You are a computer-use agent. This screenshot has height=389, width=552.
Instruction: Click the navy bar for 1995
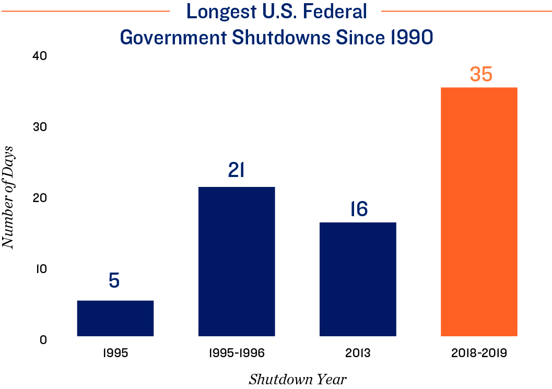click(x=115, y=318)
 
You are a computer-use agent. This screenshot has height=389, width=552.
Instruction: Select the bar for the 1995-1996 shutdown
click(x=237, y=261)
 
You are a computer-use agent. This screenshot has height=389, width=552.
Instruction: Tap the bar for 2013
click(x=358, y=279)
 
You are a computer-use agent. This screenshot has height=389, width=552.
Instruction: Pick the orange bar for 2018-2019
click(x=479, y=211)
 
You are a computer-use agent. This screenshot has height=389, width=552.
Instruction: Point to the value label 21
click(x=237, y=170)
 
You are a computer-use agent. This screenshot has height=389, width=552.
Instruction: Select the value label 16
click(x=358, y=209)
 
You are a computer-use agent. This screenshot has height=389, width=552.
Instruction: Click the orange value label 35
click(x=480, y=74)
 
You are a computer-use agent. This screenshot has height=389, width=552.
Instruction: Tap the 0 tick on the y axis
click(x=43, y=340)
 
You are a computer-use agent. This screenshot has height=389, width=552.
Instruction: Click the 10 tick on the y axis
click(x=41, y=269)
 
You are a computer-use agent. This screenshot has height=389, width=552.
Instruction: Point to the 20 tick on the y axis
click(x=40, y=198)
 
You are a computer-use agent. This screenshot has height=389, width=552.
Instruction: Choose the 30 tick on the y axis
click(x=40, y=127)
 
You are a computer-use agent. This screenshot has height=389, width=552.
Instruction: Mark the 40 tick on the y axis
click(x=40, y=56)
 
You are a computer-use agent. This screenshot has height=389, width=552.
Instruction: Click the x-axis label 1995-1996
click(x=237, y=353)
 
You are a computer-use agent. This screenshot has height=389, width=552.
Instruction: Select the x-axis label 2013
click(x=358, y=353)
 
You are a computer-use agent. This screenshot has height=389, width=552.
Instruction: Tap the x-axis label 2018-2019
click(x=479, y=353)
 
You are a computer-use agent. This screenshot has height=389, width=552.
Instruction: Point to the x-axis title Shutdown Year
click(x=297, y=379)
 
